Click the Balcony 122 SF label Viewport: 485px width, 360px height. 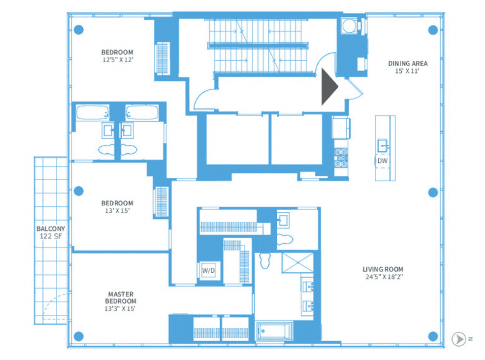tap(51, 233)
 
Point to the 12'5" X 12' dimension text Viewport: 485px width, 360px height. tap(118, 60)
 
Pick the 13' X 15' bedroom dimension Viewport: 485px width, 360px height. tap(118, 210)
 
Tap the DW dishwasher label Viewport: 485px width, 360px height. tap(382, 161)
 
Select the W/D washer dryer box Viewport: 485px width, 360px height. tap(209, 271)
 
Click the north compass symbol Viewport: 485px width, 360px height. tap(459, 339)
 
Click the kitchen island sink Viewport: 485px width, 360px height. tap(382, 146)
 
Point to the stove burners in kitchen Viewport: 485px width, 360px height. tap(341, 158)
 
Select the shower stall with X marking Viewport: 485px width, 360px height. tap(297, 263)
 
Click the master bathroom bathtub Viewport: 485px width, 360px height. tap(275, 331)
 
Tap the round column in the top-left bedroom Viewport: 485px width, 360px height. tap(79, 30)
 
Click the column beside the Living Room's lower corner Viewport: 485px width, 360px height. tap(433, 337)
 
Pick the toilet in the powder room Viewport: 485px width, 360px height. tap(285, 239)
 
